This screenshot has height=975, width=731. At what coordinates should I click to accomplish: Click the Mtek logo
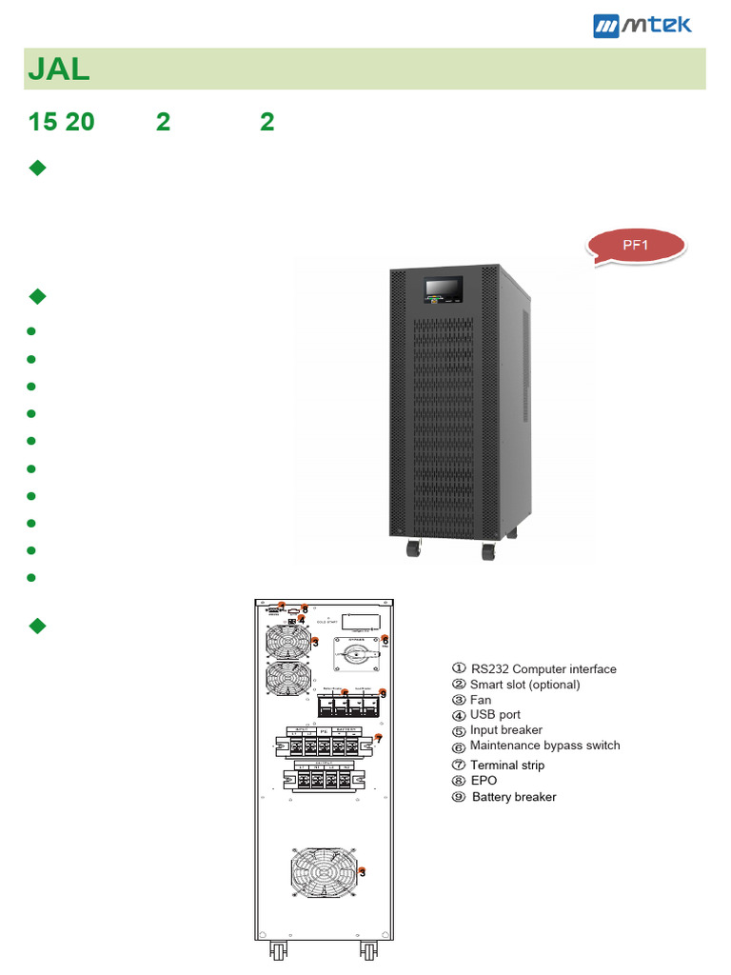tap(642, 25)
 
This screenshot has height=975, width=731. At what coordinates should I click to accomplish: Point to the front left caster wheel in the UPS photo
tap(413, 549)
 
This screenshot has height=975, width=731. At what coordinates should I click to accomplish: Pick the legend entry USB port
tap(495, 714)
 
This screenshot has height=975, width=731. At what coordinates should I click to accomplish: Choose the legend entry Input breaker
tap(505, 730)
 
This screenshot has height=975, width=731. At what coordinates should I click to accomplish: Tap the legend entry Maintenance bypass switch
tap(544, 746)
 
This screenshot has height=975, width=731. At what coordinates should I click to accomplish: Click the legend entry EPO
tap(484, 781)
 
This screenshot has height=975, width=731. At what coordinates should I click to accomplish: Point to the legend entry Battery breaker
tap(513, 797)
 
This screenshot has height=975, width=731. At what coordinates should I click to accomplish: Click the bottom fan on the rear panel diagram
tap(326, 869)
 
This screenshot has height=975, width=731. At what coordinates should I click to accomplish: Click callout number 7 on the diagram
tap(379, 738)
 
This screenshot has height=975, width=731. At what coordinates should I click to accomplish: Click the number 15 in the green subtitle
tap(43, 122)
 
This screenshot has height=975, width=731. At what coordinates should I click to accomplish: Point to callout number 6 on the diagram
tap(385, 640)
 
